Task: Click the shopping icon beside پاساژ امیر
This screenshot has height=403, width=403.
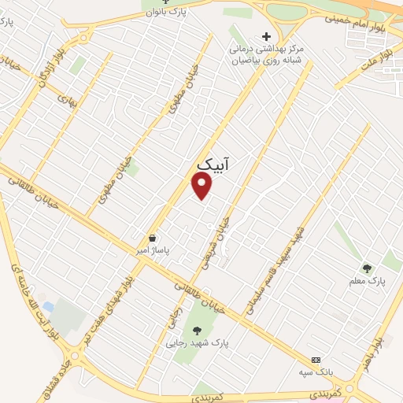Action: [152, 238]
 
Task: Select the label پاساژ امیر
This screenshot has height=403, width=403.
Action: [152, 250]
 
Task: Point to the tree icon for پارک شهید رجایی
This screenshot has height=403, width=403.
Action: [196, 331]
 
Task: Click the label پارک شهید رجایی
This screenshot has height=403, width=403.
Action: [196, 343]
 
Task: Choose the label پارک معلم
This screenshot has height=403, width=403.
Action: [367, 280]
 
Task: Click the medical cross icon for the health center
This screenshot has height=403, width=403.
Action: [266, 36]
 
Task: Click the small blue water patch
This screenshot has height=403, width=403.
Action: [49, 306]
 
